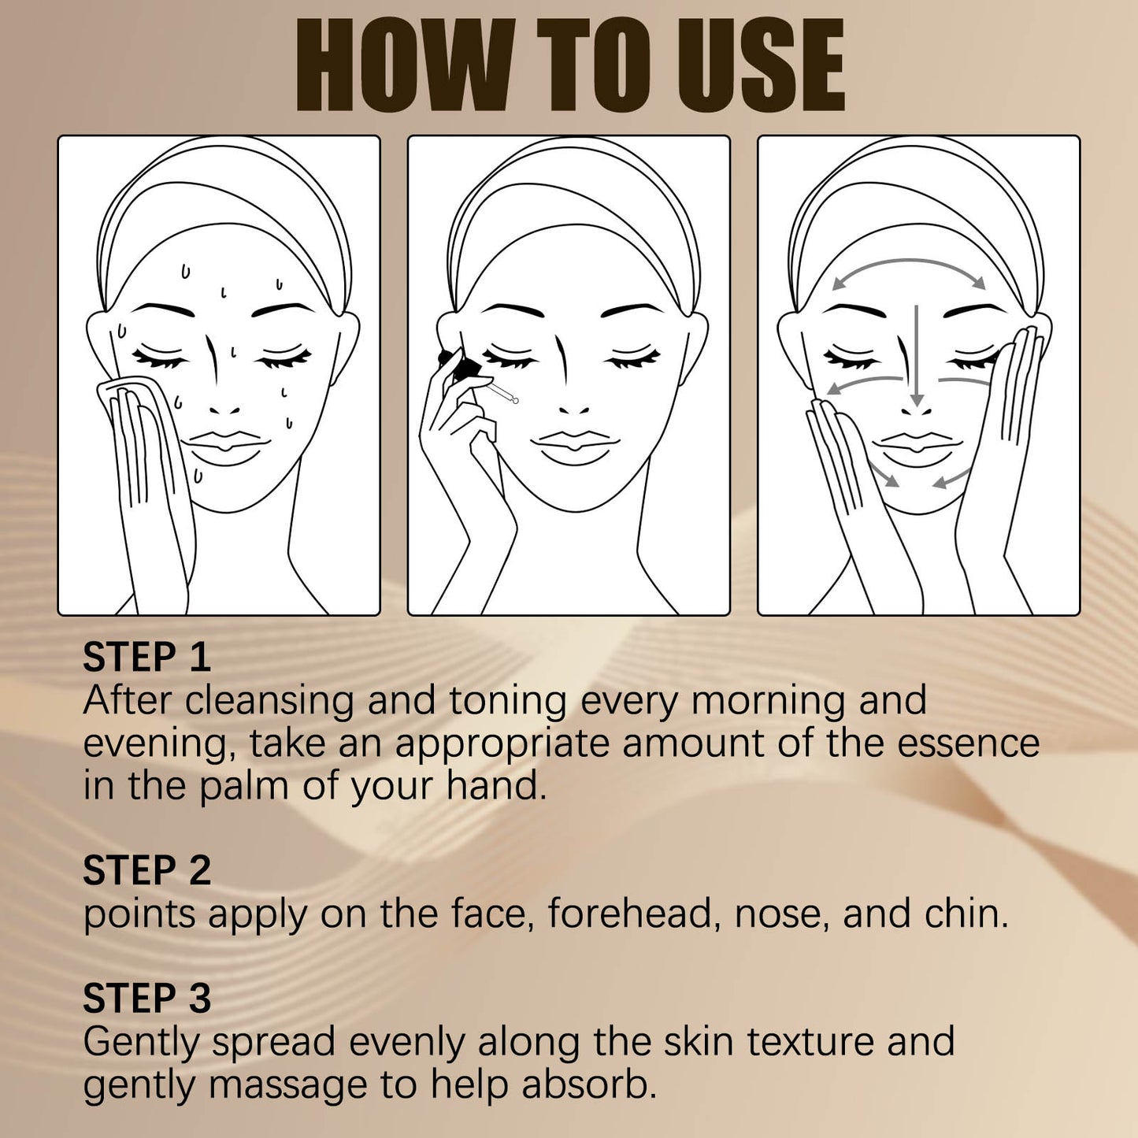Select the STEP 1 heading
pos(146,657)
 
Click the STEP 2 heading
pos(146,870)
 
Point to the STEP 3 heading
pos(146,998)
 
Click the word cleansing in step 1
pos(269,701)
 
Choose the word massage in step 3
pos(289,1085)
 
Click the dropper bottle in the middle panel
pos(465,367)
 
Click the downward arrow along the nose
pos(916,354)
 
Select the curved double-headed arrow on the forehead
pos(910,268)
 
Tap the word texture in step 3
pos(810,1041)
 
